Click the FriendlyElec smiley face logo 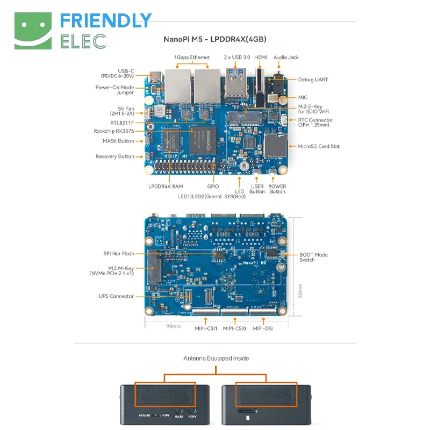pos(32,31)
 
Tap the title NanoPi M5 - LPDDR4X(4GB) pos(215,39)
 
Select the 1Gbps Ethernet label pos(192,58)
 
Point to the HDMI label pos(261,58)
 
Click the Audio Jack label pos(286,58)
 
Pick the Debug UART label pos(313,80)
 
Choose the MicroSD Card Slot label pos(319,146)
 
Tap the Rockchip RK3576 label pos(114,131)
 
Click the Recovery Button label pos(115,156)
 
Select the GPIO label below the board pos(213,187)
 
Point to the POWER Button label pos(277,189)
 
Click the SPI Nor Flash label pos(119,254)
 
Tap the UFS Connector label pos(116,296)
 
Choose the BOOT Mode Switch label pos(313,257)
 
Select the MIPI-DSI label pos(263,328)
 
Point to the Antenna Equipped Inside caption pos(216,358)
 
